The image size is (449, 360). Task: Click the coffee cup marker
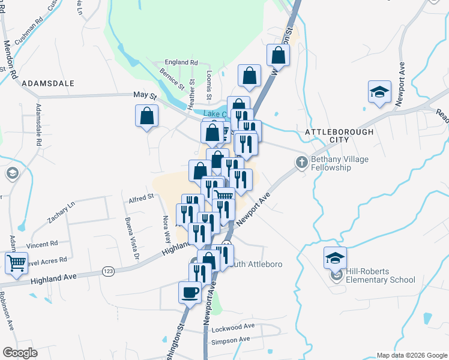coord(190,292)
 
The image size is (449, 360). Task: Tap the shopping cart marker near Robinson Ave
coord(16,263)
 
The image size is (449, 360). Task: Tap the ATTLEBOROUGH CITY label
coord(339,135)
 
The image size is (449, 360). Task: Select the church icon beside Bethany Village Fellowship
coord(302,162)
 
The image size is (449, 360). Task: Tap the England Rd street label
coord(181,62)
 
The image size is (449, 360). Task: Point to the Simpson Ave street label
coord(231,340)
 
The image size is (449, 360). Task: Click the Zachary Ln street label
coord(62,212)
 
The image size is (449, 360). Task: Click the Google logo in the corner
coord(20,353)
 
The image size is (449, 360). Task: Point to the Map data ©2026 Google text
coord(411,355)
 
